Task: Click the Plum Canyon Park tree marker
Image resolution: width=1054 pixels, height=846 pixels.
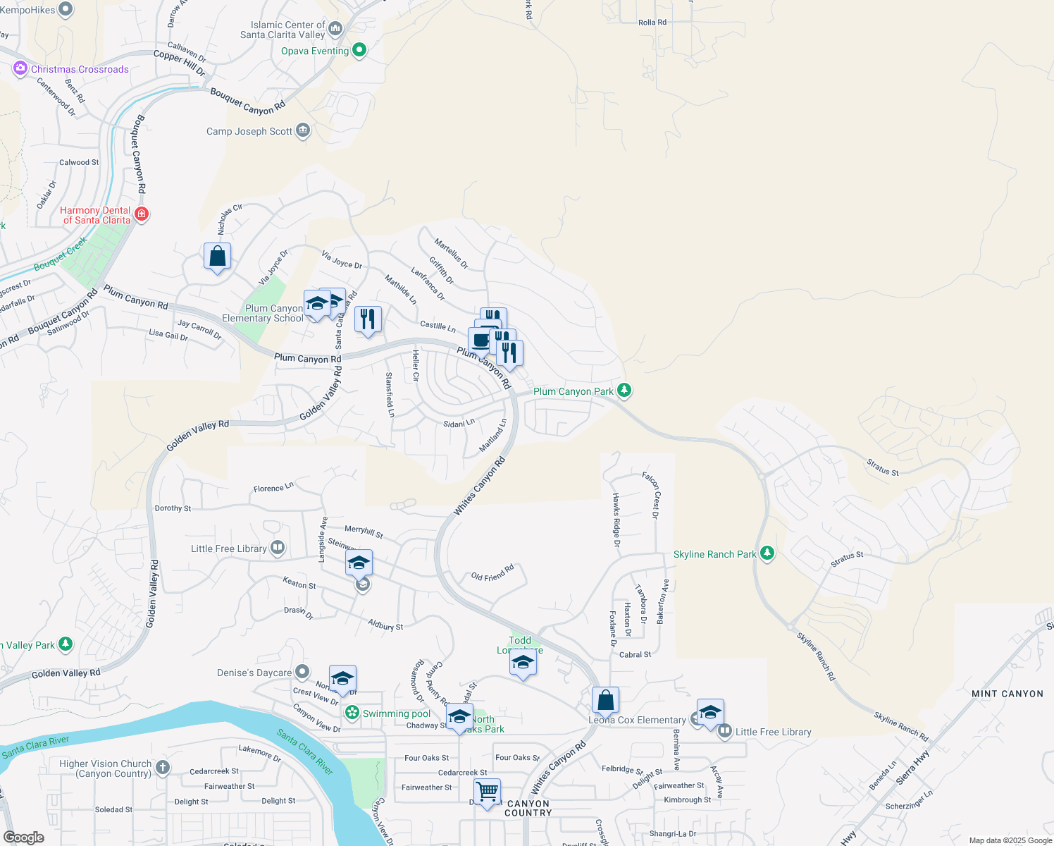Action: (x=624, y=390)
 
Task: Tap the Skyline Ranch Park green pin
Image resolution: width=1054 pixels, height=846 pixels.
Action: (x=767, y=553)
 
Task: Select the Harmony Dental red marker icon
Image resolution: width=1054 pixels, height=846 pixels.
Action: (x=142, y=214)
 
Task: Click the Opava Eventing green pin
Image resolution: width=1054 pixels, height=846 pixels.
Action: (x=359, y=50)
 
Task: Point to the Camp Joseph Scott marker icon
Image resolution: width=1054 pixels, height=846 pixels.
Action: (x=303, y=131)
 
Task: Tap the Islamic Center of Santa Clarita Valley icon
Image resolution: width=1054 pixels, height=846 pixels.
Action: (x=335, y=29)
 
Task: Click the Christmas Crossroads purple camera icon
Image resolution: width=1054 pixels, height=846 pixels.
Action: (x=20, y=68)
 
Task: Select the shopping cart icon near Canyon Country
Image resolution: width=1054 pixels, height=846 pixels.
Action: (x=487, y=792)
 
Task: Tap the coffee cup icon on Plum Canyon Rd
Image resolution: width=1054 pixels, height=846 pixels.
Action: (x=481, y=341)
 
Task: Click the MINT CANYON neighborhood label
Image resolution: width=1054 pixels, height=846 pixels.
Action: (x=1007, y=694)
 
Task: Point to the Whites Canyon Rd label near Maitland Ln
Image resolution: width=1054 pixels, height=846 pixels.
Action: (x=479, y=486)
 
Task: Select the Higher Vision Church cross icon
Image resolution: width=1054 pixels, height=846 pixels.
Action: (x=163, y=767)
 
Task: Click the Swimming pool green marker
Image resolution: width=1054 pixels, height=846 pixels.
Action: (x=352, y=713)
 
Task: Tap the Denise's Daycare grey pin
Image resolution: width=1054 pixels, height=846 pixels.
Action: (x=302, y=672)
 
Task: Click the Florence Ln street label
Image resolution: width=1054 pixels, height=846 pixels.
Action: (x=273, y=488)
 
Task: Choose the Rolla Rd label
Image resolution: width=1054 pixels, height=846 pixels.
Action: (x=652, y=23)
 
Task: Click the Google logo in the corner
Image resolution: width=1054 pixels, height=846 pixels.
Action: (x=23, y=837)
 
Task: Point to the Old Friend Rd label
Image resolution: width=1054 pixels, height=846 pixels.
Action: (x=492, y=572)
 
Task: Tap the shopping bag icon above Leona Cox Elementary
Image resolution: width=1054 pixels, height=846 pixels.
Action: (x=605, y=700)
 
